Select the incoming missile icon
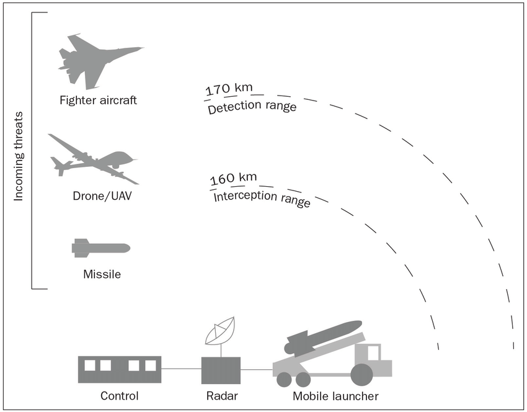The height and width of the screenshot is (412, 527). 100,248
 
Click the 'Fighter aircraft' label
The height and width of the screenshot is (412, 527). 98,99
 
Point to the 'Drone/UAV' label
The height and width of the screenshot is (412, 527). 103,197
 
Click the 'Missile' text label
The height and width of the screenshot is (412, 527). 102,274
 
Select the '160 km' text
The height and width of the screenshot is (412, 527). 233,179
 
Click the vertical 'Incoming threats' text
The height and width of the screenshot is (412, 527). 19,156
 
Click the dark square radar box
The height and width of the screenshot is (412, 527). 221,370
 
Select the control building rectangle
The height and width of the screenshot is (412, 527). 120,369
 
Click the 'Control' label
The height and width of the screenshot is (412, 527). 120,396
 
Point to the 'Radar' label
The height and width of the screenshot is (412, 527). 221,396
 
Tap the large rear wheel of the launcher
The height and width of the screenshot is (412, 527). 362,375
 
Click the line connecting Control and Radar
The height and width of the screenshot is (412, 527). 181,370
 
